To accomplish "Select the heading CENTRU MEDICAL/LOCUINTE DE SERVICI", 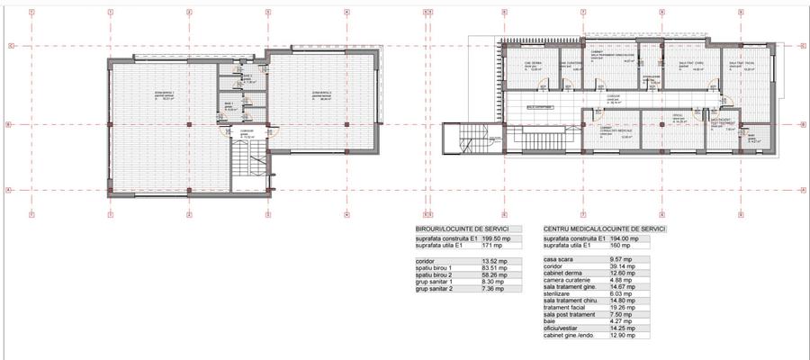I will (x=605, y=229).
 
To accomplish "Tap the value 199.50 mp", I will (x=494, y=238).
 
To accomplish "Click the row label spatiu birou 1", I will (x=434, y=267).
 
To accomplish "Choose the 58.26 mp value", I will (x=491, y=274).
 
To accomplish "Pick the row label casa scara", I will (x=560, y=259).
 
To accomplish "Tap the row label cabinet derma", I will (x=564, y=272).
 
